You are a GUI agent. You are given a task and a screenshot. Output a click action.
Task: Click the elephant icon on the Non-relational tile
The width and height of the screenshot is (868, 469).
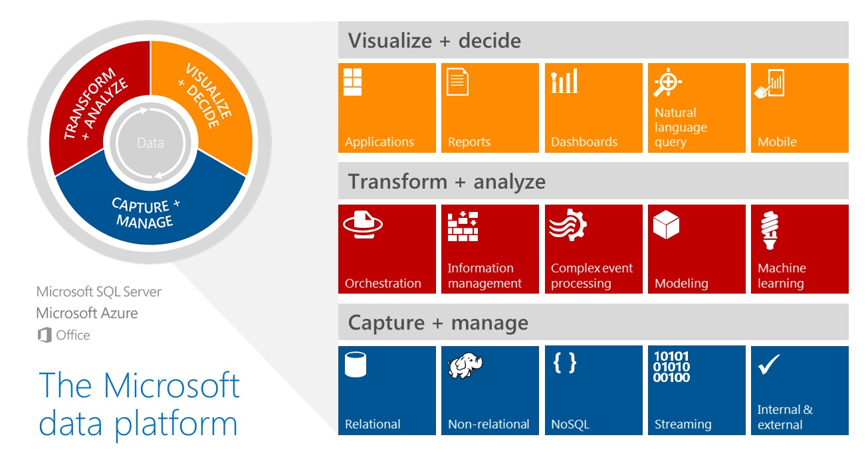coord(465,365)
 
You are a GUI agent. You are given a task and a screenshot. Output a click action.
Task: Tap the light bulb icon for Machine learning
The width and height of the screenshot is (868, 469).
coord(770,230)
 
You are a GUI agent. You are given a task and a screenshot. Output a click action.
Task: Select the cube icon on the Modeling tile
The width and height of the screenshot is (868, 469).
coord(666,225)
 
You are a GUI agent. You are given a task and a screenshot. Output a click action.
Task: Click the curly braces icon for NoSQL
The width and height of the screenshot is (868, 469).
coord(565,363)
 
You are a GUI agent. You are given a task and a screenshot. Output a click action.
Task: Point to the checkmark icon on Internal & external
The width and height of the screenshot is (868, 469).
coord(769,365)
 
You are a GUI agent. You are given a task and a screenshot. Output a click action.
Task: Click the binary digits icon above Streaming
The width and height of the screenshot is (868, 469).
coord(671,367)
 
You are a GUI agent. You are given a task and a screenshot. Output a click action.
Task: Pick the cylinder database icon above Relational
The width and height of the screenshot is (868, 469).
coord(356,364)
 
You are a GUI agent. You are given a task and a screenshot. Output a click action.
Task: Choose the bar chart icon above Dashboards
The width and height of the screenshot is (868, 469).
coord(564,81)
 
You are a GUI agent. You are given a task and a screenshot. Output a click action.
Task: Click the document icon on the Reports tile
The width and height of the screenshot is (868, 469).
coord(458,81)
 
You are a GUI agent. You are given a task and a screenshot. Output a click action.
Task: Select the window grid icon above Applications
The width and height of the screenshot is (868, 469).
coord(353,82)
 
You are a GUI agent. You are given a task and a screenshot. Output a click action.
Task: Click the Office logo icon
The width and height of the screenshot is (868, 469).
coord(45,335)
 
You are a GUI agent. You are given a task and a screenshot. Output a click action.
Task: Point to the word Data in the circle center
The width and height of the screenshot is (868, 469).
coord(150,143)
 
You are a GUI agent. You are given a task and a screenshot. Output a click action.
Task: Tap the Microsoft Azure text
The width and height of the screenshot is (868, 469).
coord(87,313)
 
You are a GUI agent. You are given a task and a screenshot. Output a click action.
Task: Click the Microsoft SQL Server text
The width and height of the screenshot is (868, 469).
coord(99,292)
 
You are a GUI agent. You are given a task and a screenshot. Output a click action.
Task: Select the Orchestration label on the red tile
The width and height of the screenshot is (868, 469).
coord(383,283)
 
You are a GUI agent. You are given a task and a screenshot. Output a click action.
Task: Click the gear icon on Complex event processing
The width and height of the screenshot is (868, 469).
coord(568,225)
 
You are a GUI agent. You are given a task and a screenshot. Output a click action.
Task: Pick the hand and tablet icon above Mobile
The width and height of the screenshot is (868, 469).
coord(770,83)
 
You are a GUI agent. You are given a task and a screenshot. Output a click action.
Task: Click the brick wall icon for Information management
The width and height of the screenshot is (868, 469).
coord(463,227)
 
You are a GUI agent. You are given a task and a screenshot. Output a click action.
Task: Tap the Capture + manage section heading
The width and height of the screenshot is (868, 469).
coord(438,323)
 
